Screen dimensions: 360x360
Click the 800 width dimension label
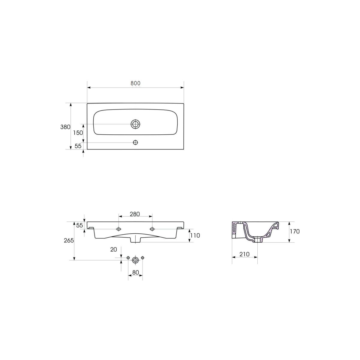click(x=135, y=83)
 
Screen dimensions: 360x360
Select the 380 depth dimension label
click(x=65, y=127)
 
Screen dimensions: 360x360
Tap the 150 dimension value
click(x=78, y=133)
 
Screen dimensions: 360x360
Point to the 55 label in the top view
click(x=78, y=146)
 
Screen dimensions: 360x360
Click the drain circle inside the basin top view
click(x=135, y=124)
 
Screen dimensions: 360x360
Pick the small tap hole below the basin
click(x=135, y=142)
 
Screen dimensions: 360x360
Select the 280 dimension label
click(x=135, y=214)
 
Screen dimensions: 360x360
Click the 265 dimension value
click(x=69, y=240)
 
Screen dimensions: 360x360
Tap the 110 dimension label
click(x=195, y=235)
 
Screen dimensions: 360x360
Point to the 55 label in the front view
click(x=79, y=225)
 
